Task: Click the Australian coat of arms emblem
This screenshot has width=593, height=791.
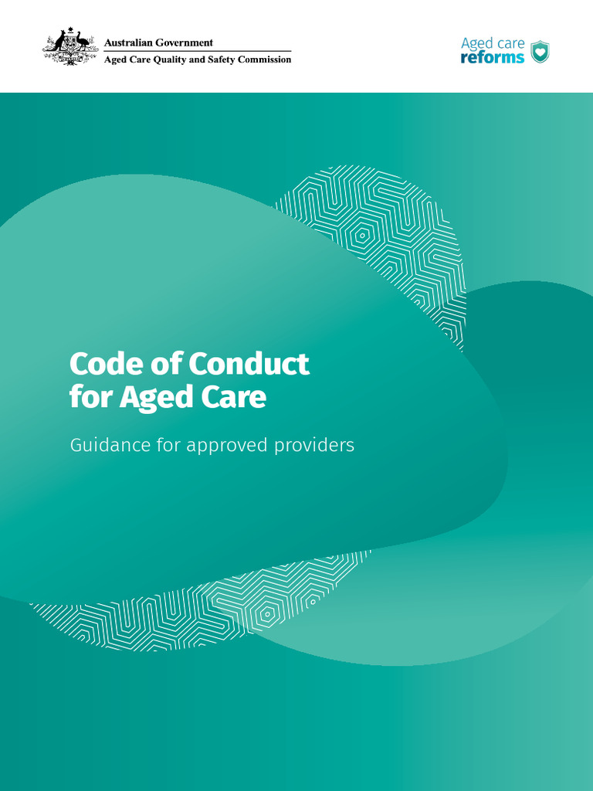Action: pyautogui.click(x=70, y=46)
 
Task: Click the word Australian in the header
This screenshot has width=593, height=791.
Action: pyautogui.click(x=130, y=42)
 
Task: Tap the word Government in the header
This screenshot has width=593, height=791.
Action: pyautogui.click(x=186, y=42)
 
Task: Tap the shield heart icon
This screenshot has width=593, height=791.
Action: pyautogui.click(x=540, y=52)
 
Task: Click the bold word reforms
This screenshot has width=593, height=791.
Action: pyautogui.click(x=492, y=58)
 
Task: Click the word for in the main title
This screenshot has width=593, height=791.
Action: pyautogui.click(x=90, y=398)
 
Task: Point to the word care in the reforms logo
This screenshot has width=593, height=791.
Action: pyautogui.click(x=510, y=43)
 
